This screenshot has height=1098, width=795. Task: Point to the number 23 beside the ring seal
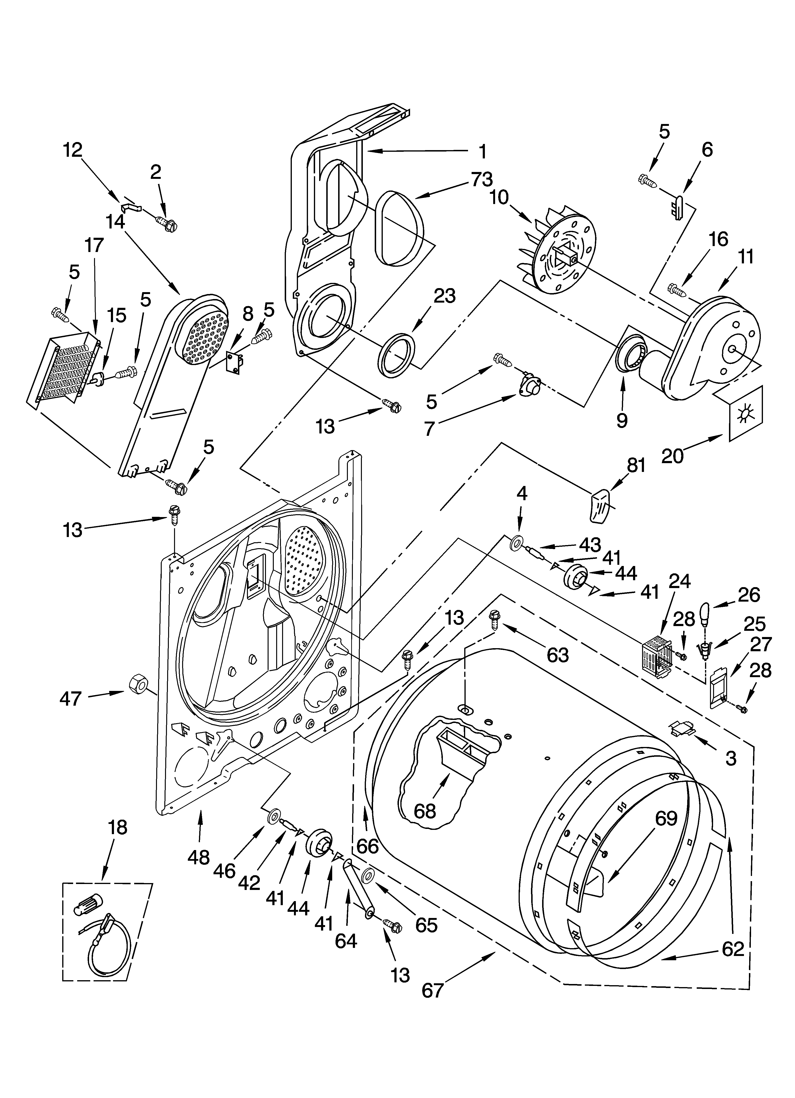445,296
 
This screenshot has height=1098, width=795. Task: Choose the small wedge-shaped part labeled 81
600,505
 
